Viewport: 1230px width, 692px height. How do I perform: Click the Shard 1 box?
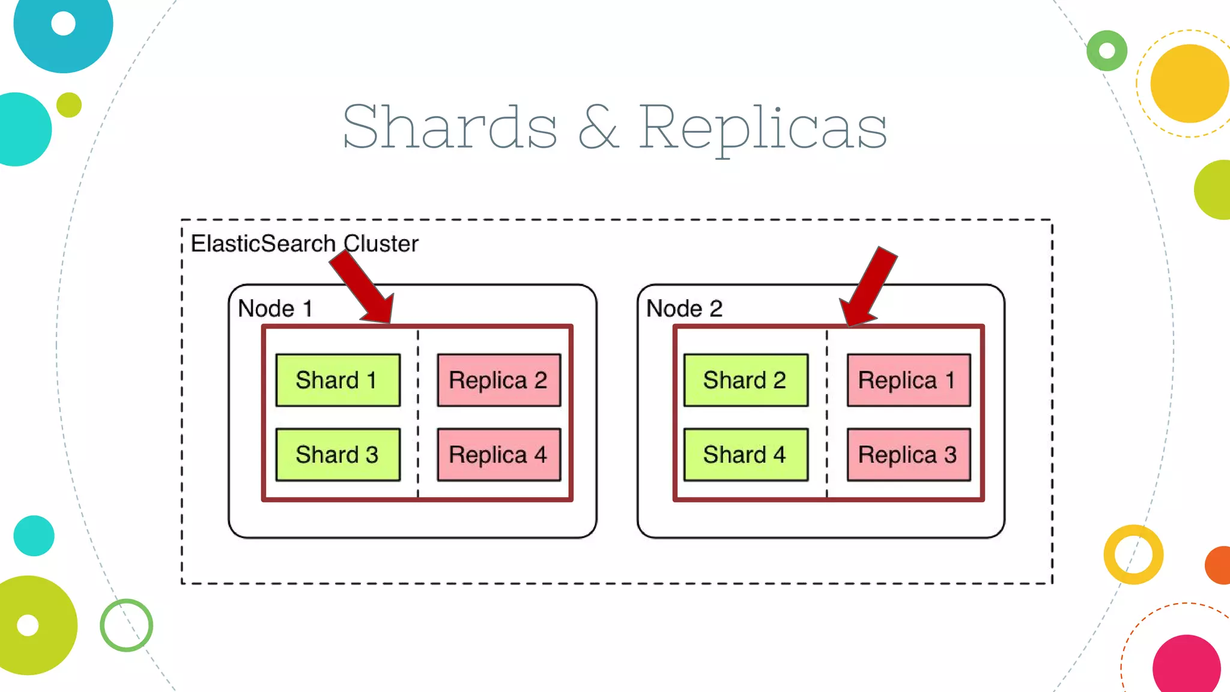[338, 380]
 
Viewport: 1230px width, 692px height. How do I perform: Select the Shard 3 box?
[338, 455]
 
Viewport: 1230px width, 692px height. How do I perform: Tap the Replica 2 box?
[498, 380]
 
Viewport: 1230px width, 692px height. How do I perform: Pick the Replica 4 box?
[498, 455]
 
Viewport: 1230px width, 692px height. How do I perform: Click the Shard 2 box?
[745, 380]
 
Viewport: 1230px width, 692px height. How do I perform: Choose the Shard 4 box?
[745, 455]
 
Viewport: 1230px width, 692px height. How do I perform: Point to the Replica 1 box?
[908, 380]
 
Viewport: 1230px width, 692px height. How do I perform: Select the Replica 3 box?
[908, 455]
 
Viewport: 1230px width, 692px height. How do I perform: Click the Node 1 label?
[275, 309]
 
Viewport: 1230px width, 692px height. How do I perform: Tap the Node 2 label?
[684, 309]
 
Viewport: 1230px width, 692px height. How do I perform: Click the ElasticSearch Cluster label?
[304, 244]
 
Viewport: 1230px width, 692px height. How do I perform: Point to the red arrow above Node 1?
[364, 287]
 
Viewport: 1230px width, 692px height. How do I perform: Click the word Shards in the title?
[450, 127]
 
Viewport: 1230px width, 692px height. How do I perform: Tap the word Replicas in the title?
[762, 127]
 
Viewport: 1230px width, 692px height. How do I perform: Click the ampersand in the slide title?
[598, 127]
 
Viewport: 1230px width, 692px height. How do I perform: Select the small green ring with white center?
[1107, 51]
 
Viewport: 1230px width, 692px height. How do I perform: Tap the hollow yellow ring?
[1133, 554]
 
